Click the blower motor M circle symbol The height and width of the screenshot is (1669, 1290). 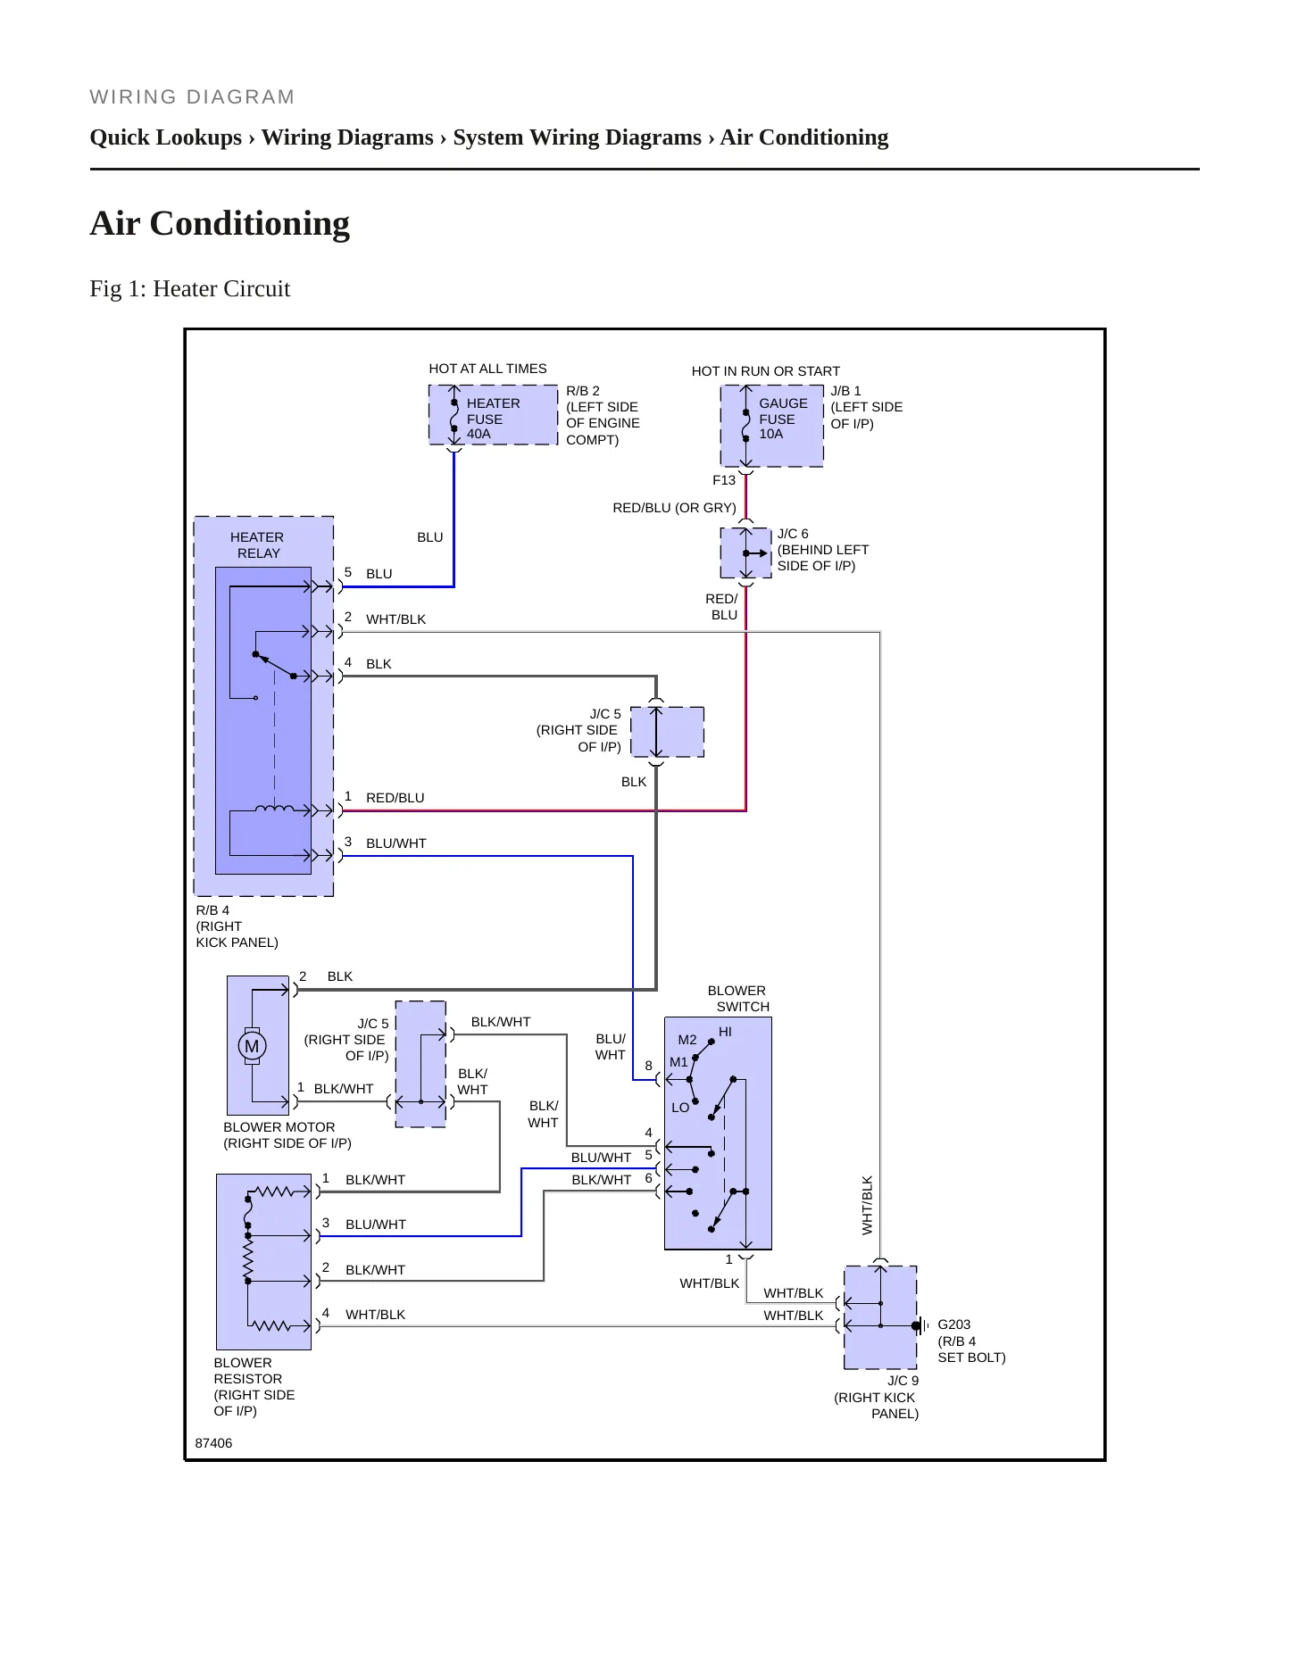[x=252, y=1045]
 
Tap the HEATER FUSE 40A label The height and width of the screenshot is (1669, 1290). [x=493, y=419]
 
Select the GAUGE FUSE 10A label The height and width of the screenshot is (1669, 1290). [x=783, y=419]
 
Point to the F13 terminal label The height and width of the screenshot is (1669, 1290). [x=724, y=480]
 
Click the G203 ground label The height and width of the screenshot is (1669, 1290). [x=953, y=1324]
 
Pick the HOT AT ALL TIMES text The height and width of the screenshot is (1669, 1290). [x=487, y=369]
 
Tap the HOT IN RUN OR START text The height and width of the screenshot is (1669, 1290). [x=765, y=371]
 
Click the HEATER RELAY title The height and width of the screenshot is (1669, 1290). [x=257, y=545]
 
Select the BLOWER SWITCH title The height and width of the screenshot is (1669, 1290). [x=738, y=999]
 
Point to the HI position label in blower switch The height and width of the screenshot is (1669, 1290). [x=725, y=1032]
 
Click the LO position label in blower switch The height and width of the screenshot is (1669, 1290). [x=680, y=1108]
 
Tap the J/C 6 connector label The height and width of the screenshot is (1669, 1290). [x=793, y=534]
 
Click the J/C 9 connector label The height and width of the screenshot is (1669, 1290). [x=903, y=1381]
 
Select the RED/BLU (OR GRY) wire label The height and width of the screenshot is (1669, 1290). [x=674, y=508]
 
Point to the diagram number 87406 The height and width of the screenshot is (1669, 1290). [x=213, y=1443]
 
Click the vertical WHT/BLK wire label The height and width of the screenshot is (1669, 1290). [x=867, y=1205]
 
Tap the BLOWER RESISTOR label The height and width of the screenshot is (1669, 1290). [x=247, y=1371]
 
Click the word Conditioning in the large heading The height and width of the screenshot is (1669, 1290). [x=250, y=223]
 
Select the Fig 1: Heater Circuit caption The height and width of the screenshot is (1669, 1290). [x=190, y=289]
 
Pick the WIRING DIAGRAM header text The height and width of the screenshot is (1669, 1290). [x=192, y=97]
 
